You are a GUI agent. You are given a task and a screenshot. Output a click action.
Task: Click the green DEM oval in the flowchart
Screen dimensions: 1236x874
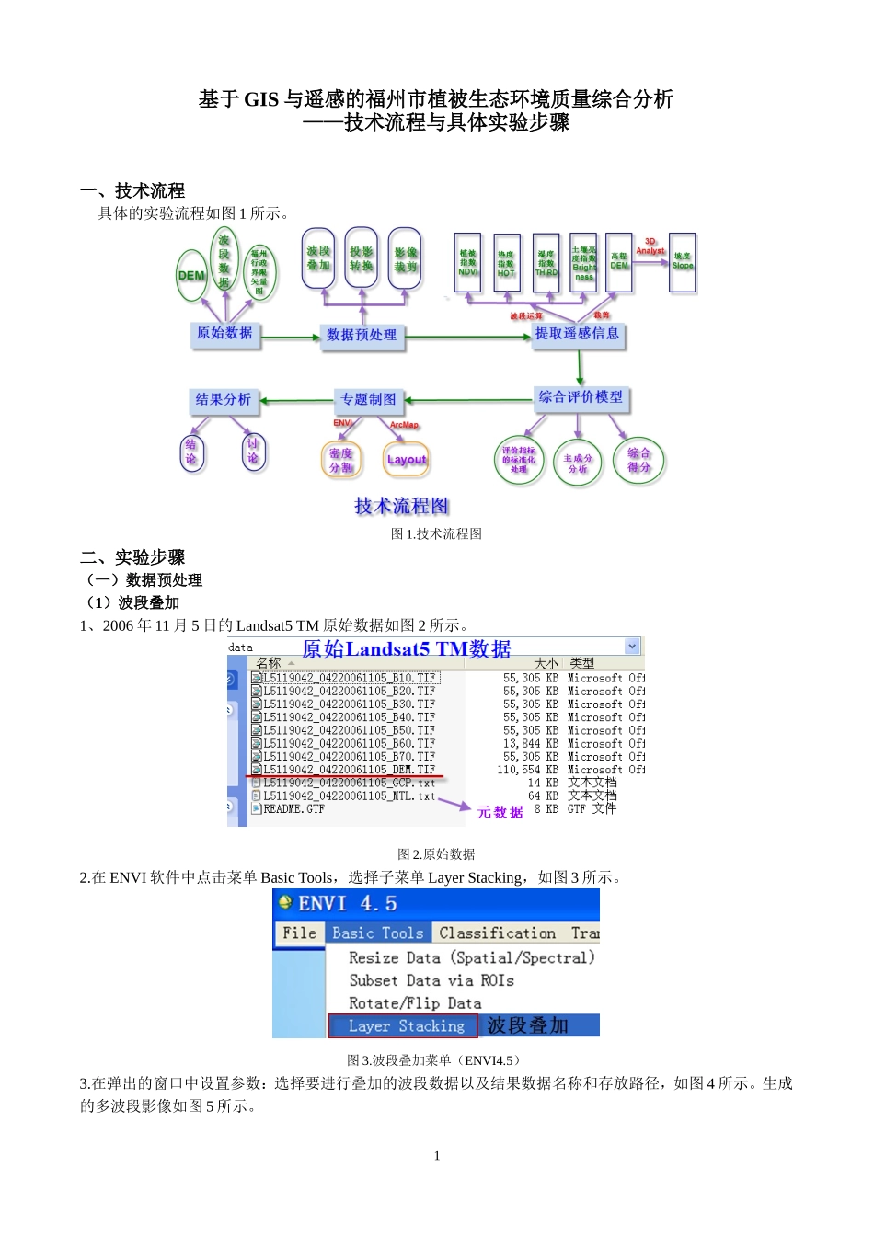pyautogui.click(x=192, y=275)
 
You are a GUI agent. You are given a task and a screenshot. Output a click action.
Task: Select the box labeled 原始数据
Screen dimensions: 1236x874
pyautogui.click(x=224, y=333)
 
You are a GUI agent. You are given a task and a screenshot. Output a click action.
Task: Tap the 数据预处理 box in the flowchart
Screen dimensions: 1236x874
pyautogui.click(x=362, y=335)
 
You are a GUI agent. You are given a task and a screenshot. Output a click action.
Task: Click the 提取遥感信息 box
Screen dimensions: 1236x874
pyautogui.click(x=578, y=334)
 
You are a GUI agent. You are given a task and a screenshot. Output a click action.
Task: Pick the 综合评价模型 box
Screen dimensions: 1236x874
pyautogui.click(x=581, y=397)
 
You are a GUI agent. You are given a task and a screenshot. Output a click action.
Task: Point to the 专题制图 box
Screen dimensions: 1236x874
pyautogui.click(x=368, y=399)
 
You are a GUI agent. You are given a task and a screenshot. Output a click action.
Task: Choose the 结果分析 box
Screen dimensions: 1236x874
pyautogui.click(x=223, y=399)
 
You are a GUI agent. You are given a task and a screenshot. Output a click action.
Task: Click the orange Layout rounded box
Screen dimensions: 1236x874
pyautogui.click(x=407, y=460)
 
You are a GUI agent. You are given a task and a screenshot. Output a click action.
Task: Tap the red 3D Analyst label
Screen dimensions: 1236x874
pyautogui.click(x=650, y=246)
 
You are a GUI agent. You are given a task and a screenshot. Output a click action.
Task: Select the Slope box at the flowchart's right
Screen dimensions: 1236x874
pyautogui.click(x=683, y=262)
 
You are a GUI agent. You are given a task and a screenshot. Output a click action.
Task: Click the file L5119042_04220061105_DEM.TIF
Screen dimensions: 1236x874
pyautogui.click(x=349, y=770)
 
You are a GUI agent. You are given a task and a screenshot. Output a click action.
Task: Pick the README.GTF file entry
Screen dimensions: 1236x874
pyautogui.click(x=293, y=809)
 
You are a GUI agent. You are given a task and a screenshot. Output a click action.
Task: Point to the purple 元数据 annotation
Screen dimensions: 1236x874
pyautogui.click(x=500, y=812)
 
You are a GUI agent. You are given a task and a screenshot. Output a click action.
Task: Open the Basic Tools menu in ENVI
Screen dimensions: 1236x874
pyautogui.click(x=377, y=933)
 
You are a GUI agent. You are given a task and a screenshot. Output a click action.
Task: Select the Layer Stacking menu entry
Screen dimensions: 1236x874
pyautogui.click(x=406, y=1026)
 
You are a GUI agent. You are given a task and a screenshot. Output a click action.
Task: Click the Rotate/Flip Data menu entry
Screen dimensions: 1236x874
pyautogui.click(x=415, y=1003)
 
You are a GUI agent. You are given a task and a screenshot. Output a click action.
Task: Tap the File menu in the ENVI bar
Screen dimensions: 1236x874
pyautogui.click(x=299, y=933)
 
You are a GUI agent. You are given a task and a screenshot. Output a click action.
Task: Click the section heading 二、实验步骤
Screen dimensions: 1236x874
pyautogui.click(x=132, y=557)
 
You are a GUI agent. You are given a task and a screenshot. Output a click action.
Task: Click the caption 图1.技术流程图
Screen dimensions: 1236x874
pyautogui.click(x=436, y=533)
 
